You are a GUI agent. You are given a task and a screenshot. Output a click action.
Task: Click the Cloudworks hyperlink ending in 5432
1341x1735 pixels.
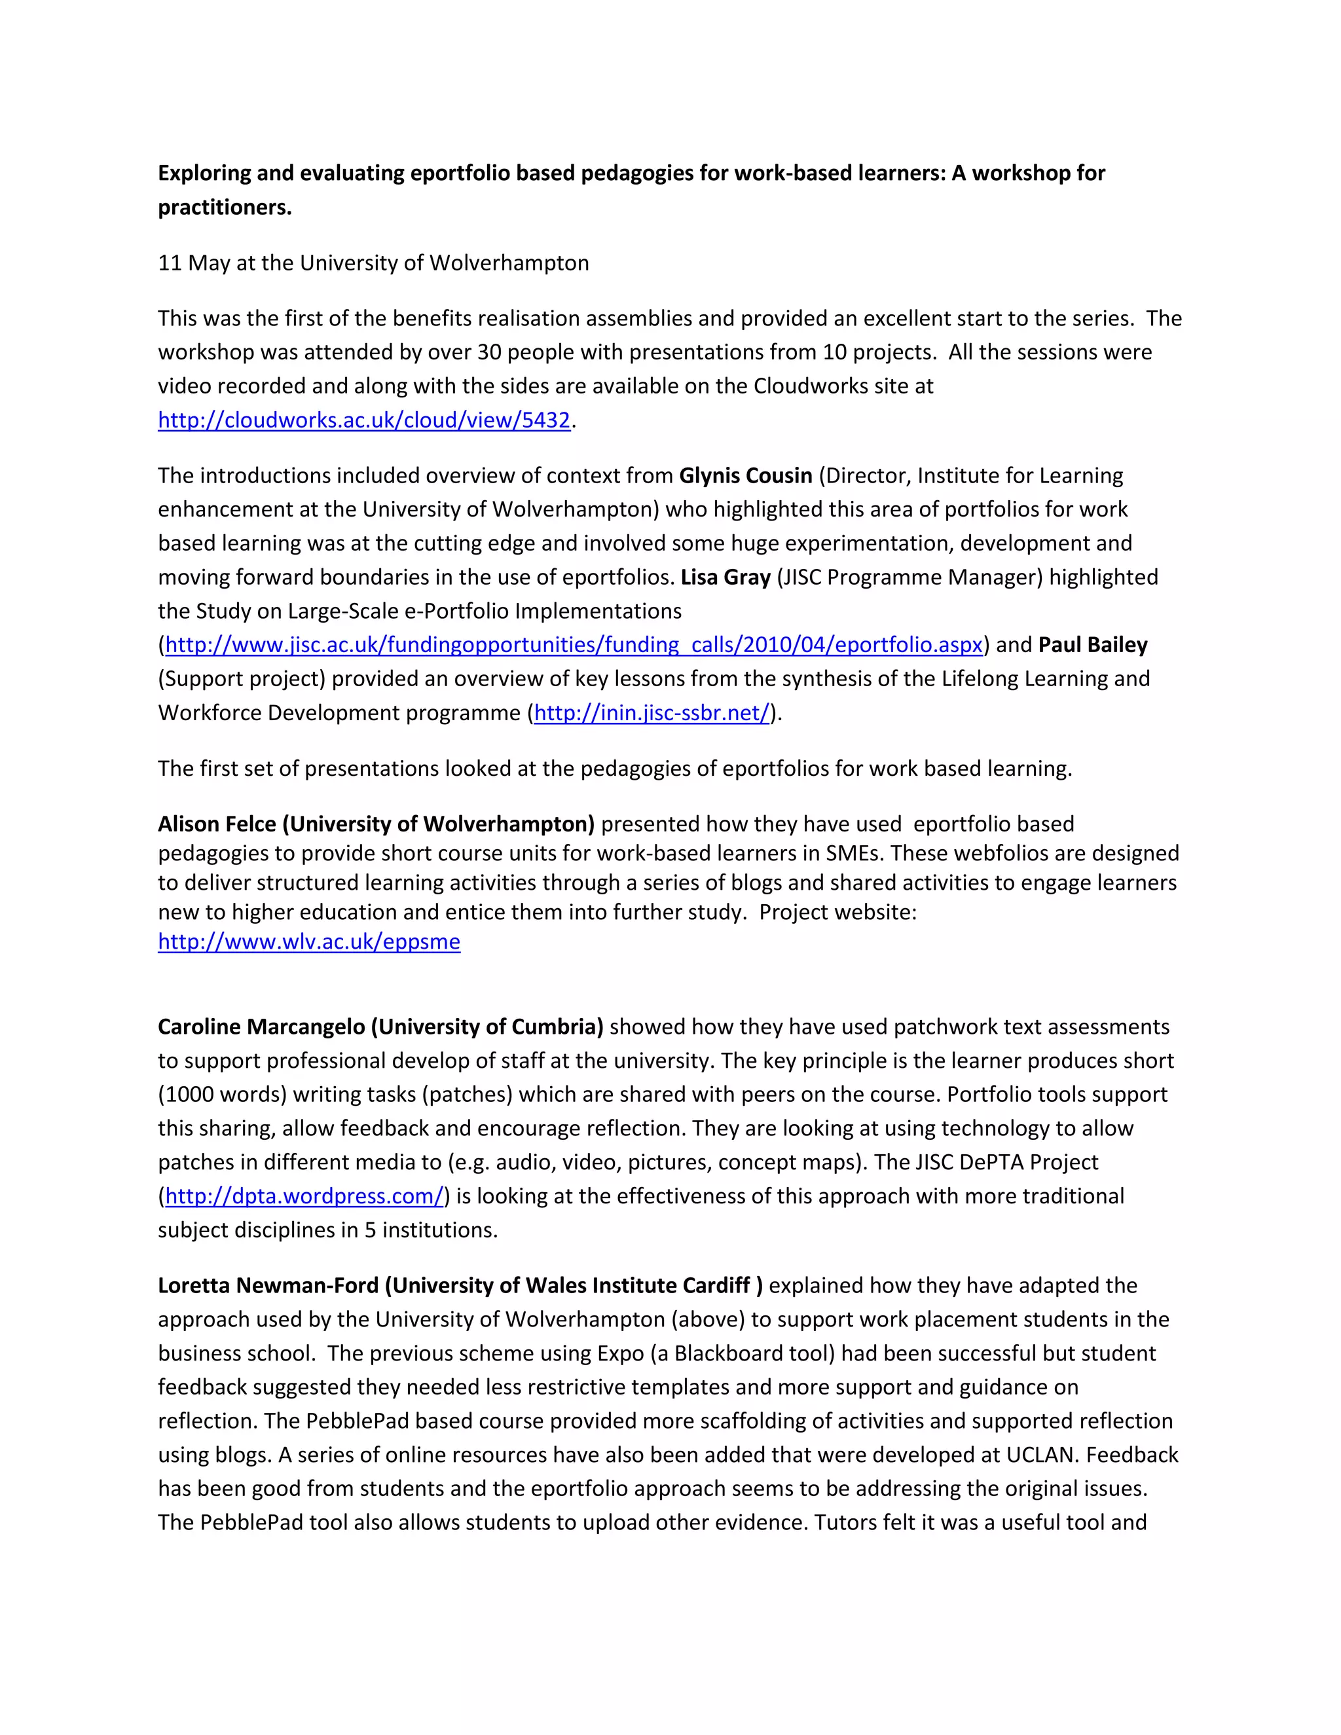click(x=364, y=420)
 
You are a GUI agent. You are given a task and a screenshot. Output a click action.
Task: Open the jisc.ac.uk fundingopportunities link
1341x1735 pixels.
click(x=574, y=645)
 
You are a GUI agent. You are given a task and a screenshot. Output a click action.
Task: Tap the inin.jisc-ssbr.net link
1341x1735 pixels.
click(x=652, y=714)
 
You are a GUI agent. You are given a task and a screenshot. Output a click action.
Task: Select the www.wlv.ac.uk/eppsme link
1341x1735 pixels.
click(x=309, y=942)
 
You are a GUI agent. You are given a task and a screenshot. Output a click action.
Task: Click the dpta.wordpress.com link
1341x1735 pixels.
click(x=304, y=1196)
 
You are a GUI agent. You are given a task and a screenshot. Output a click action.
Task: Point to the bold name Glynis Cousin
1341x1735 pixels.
click(x=745, y=476)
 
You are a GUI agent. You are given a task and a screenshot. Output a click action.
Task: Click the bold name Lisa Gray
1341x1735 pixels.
click(x=726, y=577)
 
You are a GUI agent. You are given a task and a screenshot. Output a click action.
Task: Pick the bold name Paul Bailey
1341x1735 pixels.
click(x=1092, y=645)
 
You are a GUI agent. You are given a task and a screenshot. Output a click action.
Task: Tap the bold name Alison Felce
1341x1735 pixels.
click(x=217, y=824)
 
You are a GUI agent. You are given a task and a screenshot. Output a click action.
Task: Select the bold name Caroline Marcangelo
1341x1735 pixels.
click(x=261, y=1027)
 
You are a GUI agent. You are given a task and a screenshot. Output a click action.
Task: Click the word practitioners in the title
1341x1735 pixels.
click(x=224, y=208)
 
